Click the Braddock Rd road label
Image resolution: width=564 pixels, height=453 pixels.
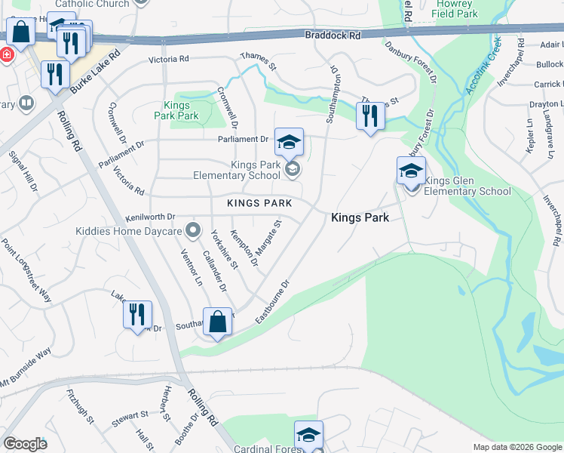[333, 35]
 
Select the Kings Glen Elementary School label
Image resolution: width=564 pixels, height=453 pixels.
[467, 186]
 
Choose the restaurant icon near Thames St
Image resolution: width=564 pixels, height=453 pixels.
[369, 116]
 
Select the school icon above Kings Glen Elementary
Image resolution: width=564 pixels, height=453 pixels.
[411, 171]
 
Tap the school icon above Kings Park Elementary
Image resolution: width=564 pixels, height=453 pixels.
[287, 141]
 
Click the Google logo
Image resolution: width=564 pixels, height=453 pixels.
[25, 443]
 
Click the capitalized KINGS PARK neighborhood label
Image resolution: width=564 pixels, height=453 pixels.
[259, 204]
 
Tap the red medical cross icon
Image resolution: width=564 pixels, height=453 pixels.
[7, 55]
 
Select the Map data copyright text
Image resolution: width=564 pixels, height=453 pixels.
[516, 447]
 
